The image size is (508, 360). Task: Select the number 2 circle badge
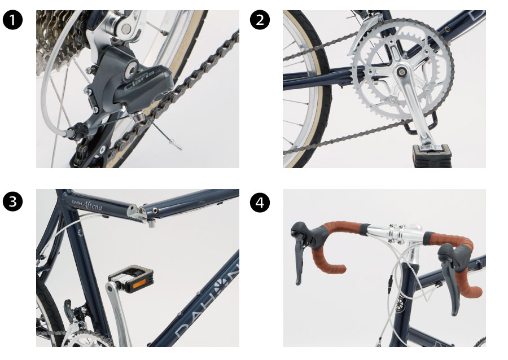point(260,20)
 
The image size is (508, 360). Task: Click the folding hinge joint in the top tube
point(141,212)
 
